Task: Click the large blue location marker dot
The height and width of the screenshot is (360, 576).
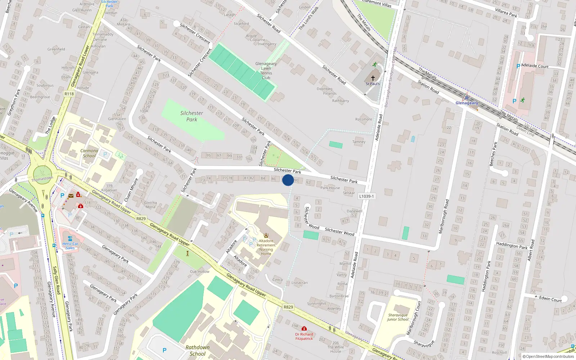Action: [288, 180]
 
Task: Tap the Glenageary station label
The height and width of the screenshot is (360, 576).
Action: [467, 103]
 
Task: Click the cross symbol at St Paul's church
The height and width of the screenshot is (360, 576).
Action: [373, 78]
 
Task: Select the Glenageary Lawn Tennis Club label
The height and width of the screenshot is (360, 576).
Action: [266, 71]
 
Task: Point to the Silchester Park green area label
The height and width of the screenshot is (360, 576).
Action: [192, 116]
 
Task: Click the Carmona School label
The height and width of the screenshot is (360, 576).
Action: [89, 153]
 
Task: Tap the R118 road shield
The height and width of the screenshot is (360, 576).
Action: [69, 94]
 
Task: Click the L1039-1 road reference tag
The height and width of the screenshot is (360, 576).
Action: [366, 196]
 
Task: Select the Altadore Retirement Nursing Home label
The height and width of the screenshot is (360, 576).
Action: [266, 247]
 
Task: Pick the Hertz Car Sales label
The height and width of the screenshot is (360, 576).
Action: [70, 246]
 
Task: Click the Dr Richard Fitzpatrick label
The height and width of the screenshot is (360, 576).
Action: [304, 336]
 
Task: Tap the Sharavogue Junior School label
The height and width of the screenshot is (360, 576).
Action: [398, 317]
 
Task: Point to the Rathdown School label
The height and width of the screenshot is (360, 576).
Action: [197, 350]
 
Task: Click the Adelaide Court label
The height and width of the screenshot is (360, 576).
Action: [535, 66]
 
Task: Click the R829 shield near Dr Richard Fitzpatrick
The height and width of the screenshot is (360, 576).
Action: [288, 307]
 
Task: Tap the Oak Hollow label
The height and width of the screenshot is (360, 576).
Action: [199, 271]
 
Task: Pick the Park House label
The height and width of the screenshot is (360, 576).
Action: [330, 188]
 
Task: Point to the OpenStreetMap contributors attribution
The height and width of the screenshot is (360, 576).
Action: [548, 356]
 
